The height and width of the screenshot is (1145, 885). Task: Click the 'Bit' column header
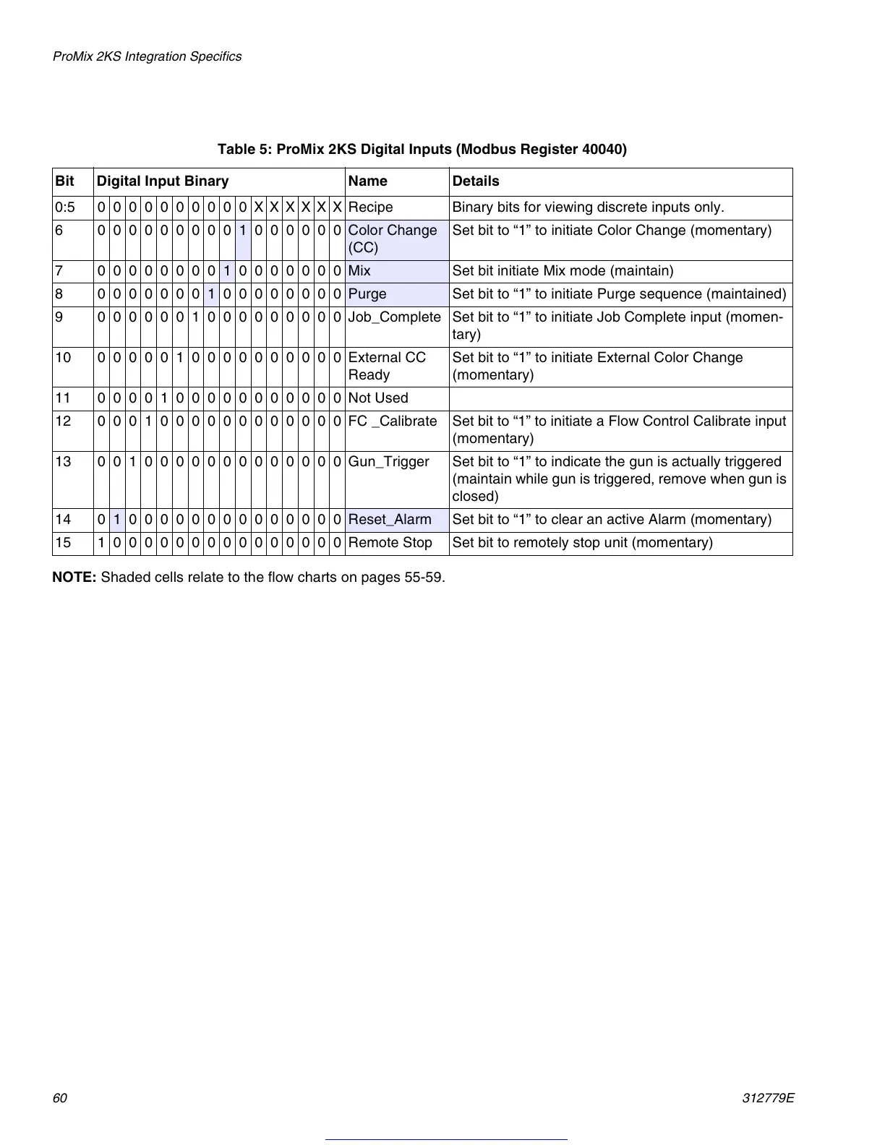click(x=64, y=181)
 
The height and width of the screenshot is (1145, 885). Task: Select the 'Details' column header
click(x=476, y=181)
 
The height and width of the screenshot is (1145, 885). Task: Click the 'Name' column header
click(x=367, y=181)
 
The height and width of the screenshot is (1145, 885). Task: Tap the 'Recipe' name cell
click(x=370, y=207)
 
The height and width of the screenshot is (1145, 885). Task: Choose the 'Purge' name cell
click(x=367, y=294)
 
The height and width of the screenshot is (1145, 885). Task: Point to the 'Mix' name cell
click(x=359, y=271)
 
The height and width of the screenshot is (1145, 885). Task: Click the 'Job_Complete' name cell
click(x=394, y=317)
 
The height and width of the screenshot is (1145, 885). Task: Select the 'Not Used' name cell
click(x=378, y=398)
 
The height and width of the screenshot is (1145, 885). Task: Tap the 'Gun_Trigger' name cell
click(x=388, y=462)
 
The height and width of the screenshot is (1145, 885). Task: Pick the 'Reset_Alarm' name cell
click(x=390, y=520)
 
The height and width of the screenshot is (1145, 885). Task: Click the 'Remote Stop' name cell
click(x=390, y=543)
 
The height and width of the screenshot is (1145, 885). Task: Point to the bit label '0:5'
click(x=65, y=207)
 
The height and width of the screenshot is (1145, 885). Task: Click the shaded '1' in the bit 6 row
click(x=243, y=231)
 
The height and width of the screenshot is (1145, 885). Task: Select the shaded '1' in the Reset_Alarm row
click(x=117, y=520)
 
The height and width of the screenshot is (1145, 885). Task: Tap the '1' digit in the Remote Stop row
click(x=101, y=543)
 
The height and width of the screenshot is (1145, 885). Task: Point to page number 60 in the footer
click(x=59, y=1098)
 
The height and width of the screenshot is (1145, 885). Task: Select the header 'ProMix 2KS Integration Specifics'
click(x=147, y=56)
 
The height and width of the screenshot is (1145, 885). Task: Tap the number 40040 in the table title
click(x=602, y=150)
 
